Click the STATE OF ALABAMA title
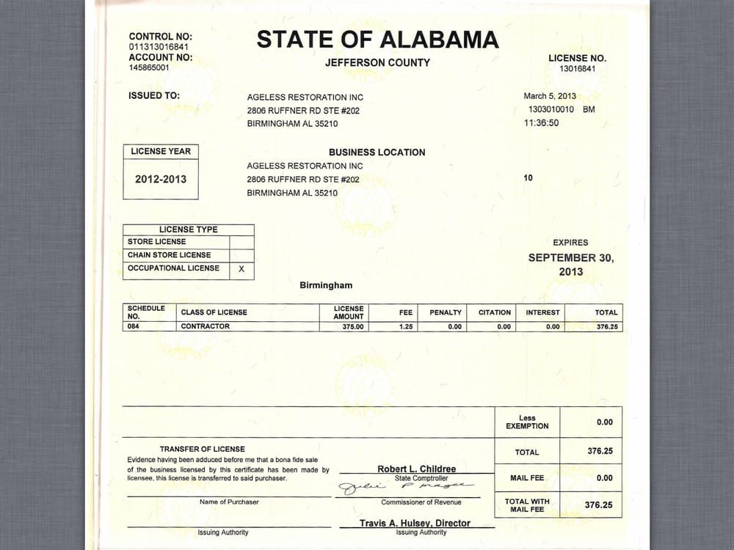click(377, 40)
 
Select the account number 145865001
click(149, 67)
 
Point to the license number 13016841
click(577, 69)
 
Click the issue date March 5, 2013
click(550, 96)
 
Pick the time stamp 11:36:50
click(541, 123)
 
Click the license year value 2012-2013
click(161, 179)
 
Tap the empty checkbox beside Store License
click(241, 242)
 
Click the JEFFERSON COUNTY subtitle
click(377, 63)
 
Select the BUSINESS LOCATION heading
click(377, 153)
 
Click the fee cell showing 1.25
click(406, 327)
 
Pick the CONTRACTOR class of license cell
click(206, 326)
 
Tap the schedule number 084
click(133, 326)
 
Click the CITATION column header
click(495, 312)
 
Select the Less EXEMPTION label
click(527, 422)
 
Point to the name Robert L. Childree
click(416, 469)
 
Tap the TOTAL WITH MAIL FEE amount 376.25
click(598, 505)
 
